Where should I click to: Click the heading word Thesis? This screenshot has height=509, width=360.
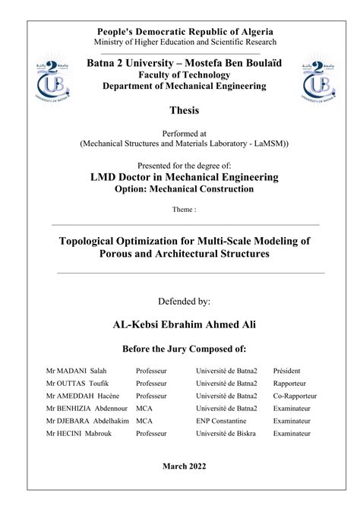click(185, 110)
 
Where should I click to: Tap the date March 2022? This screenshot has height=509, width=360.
click(185, 466)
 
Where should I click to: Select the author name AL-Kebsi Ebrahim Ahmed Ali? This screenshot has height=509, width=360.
click(185, 324)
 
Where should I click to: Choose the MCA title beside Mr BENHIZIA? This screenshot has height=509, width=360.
click(144, 408)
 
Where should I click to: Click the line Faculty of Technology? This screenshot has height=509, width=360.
click(185, 75)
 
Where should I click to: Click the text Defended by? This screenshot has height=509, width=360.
click(185, 302)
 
